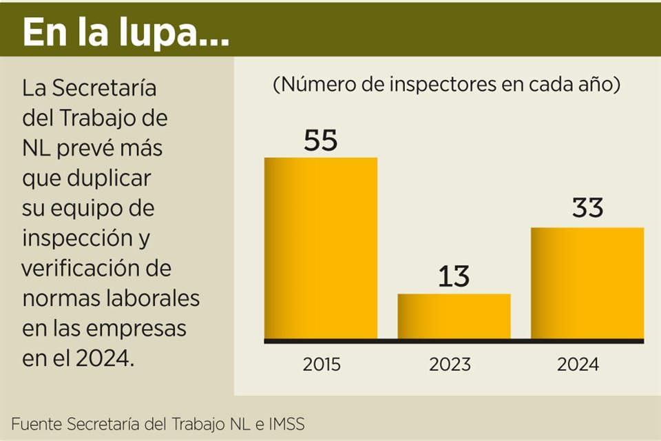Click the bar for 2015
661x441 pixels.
(321, 248)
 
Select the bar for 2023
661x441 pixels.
(454, 316)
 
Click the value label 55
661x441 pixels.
(321, 141)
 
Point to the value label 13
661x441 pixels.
(454, 277)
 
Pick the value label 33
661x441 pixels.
(587, 209)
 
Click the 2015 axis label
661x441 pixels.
(321, 365)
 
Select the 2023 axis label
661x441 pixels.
(454, 365)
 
